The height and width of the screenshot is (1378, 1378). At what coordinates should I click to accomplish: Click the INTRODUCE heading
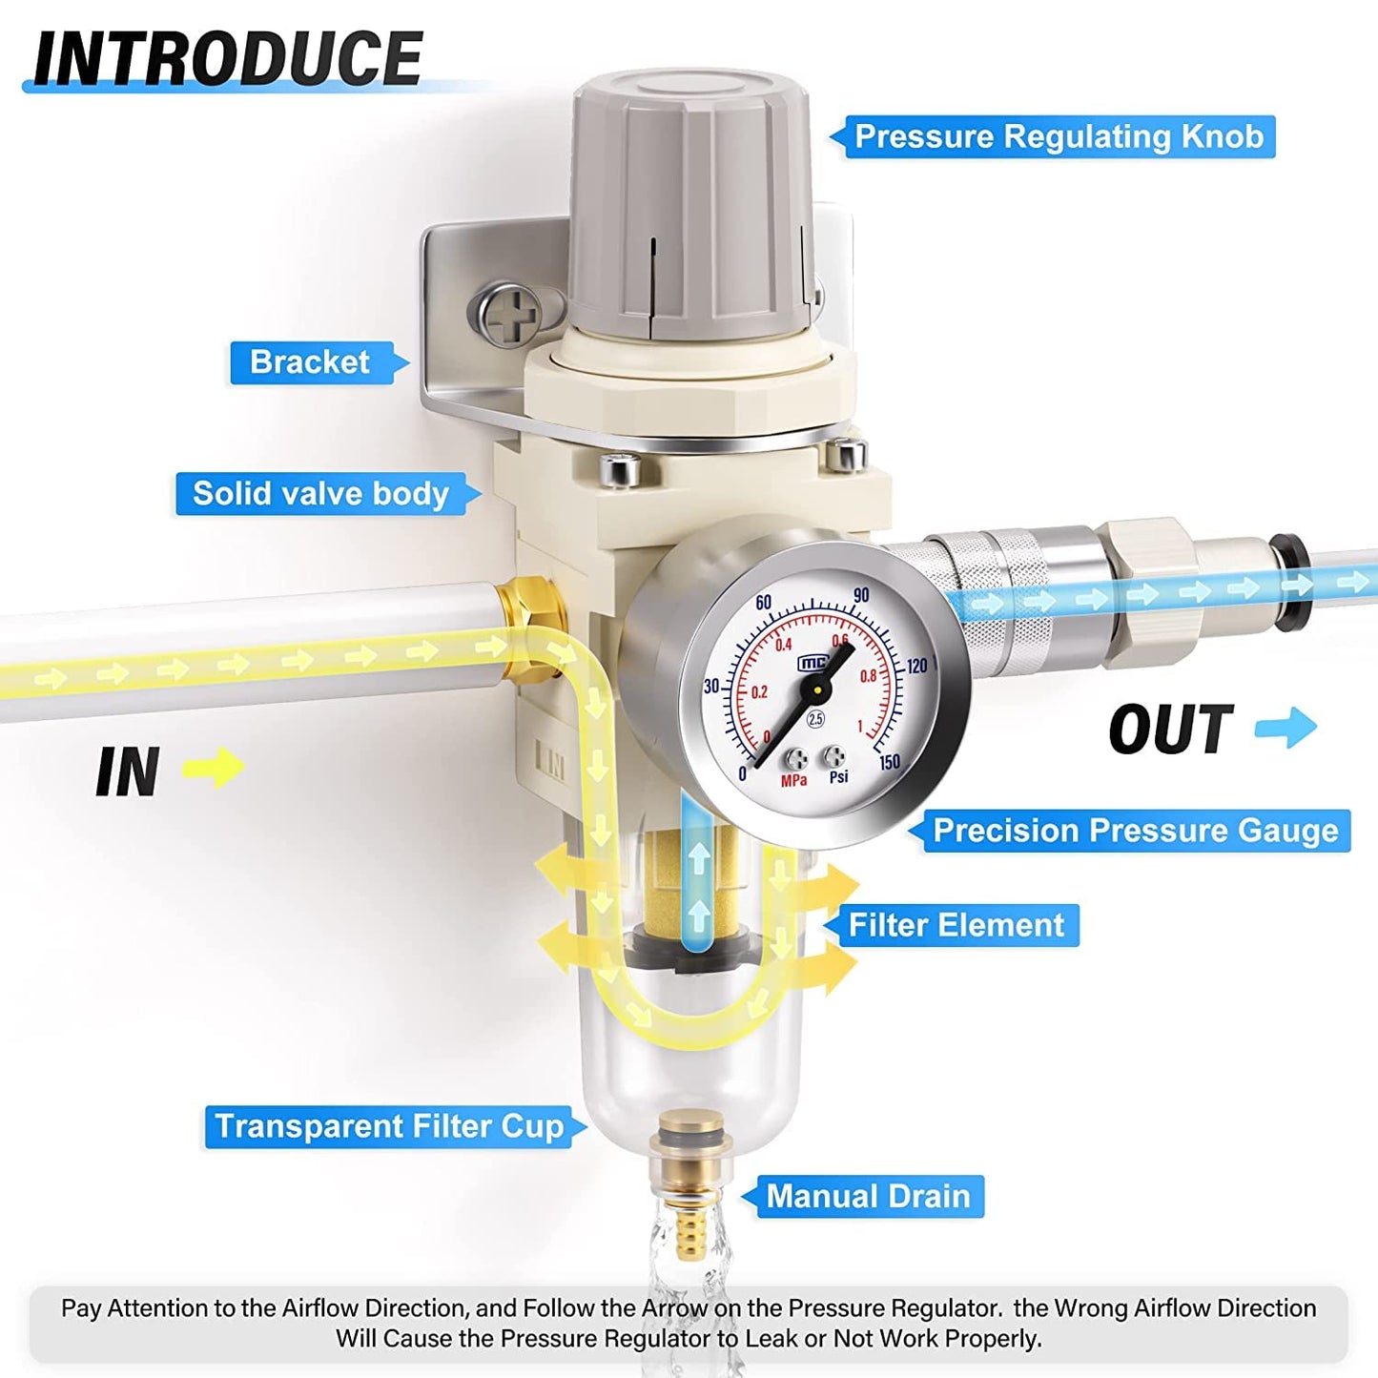click(227, 59)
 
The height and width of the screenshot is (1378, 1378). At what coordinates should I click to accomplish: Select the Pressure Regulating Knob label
click(1059, 136)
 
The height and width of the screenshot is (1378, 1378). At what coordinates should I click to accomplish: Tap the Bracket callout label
click(310, 362)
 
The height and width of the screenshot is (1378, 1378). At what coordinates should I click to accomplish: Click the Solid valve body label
click(320, 494)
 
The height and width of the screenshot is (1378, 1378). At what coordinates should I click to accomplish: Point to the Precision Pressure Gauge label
click(1135, 831)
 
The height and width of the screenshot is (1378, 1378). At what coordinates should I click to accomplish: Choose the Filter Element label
click(956, 925)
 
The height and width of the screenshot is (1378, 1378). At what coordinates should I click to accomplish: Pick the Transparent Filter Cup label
click(388, 1126)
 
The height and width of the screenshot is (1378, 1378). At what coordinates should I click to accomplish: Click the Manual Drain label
click(868, 1196)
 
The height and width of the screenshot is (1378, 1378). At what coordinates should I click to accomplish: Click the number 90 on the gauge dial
click(861, 595)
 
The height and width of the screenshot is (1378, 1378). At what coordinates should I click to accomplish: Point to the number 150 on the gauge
click(889, 762)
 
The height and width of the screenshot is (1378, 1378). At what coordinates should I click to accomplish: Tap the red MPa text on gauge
click(793, 781)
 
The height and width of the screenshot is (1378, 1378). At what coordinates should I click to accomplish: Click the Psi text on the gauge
click(838, 777)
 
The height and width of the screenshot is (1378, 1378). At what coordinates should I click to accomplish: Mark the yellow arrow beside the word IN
click(214, 767)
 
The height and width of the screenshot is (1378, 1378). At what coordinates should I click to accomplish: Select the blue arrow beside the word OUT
click(1286, 728)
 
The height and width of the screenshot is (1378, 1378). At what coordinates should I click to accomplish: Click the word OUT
click(1171, 730)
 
